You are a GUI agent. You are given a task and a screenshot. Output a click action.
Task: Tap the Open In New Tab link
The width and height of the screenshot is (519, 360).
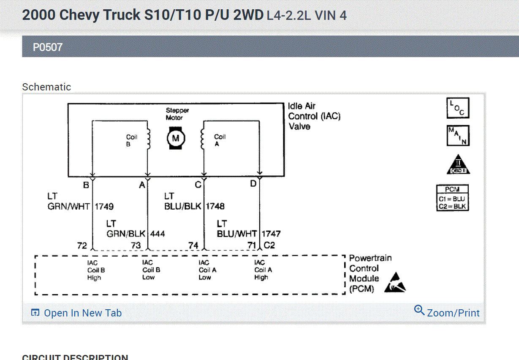pyautogui.click(x=76, y=313)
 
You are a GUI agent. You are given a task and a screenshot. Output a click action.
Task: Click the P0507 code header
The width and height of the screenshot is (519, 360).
pyautogui.click(x=48, y=47)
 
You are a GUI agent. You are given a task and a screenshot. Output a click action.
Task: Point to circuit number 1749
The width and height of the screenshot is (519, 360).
pyautogui.click(x=104, y=207)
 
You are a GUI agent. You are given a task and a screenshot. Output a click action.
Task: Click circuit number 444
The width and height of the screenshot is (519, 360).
pyautogui.click(x=158, y=234)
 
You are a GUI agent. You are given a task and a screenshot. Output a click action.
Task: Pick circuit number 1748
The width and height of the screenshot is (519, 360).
pyautogui.click(x=215, y=207)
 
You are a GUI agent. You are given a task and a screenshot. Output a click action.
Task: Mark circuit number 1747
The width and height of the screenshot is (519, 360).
pyautogui.click(x=271, y=234)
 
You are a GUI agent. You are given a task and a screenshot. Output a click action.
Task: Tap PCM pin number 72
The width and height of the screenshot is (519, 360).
pyautogui.click(x=82, y=245)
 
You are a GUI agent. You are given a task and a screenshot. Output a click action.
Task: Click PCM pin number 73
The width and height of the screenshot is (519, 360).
pyautogui.click(x=136, y=245)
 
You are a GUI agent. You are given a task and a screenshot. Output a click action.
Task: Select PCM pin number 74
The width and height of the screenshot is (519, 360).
pyautogui.click(x=193, y=245)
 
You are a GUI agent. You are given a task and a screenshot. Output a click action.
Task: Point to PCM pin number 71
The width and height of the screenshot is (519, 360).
pyautogui.click(x=252, y=245)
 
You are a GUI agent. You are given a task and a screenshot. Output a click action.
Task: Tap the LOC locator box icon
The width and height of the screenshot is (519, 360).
pyautogui.click(x=458, y=108)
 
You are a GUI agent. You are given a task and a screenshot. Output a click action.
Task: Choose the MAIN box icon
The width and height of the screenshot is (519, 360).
pyautogui.click(x=458, y=136)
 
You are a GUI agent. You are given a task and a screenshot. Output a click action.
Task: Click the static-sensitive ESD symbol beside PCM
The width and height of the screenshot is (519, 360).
pyautogui.click(x=395, y=283)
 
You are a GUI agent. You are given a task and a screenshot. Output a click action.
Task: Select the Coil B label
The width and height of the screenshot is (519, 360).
pyautogui.click(x=132, y=141)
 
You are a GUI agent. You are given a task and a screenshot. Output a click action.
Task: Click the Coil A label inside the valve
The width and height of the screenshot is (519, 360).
pyautogui.click(x=220, y=140)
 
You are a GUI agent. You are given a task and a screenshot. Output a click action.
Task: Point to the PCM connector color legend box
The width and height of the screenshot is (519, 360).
pyautogui.click(x=452, y=198)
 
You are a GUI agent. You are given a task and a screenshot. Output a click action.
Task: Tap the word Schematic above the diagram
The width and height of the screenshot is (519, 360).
pyautogui.click(x=46, y=87)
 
